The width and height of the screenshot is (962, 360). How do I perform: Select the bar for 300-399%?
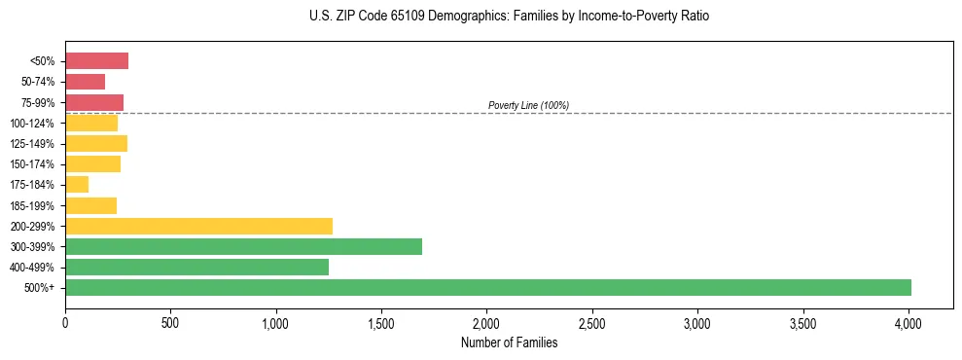point(243,246)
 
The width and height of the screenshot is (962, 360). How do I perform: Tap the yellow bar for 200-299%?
point(198,226)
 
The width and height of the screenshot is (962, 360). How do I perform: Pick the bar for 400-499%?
point(196,267)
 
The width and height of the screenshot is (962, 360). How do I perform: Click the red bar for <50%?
point(96,61)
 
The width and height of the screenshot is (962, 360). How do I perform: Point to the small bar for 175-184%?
point(77,185)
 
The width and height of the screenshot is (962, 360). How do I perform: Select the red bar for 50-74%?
point(85,82)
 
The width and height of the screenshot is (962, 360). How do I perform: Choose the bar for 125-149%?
point(96,144)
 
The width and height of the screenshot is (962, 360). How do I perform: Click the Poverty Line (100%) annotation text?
point(528,105)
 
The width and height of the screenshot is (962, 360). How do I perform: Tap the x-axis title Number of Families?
point(509,342)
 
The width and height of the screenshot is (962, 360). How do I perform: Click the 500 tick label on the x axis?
point(170,321)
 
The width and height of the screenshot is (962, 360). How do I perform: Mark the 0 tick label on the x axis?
point(65,321)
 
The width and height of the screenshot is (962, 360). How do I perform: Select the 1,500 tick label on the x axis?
point(381,321)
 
